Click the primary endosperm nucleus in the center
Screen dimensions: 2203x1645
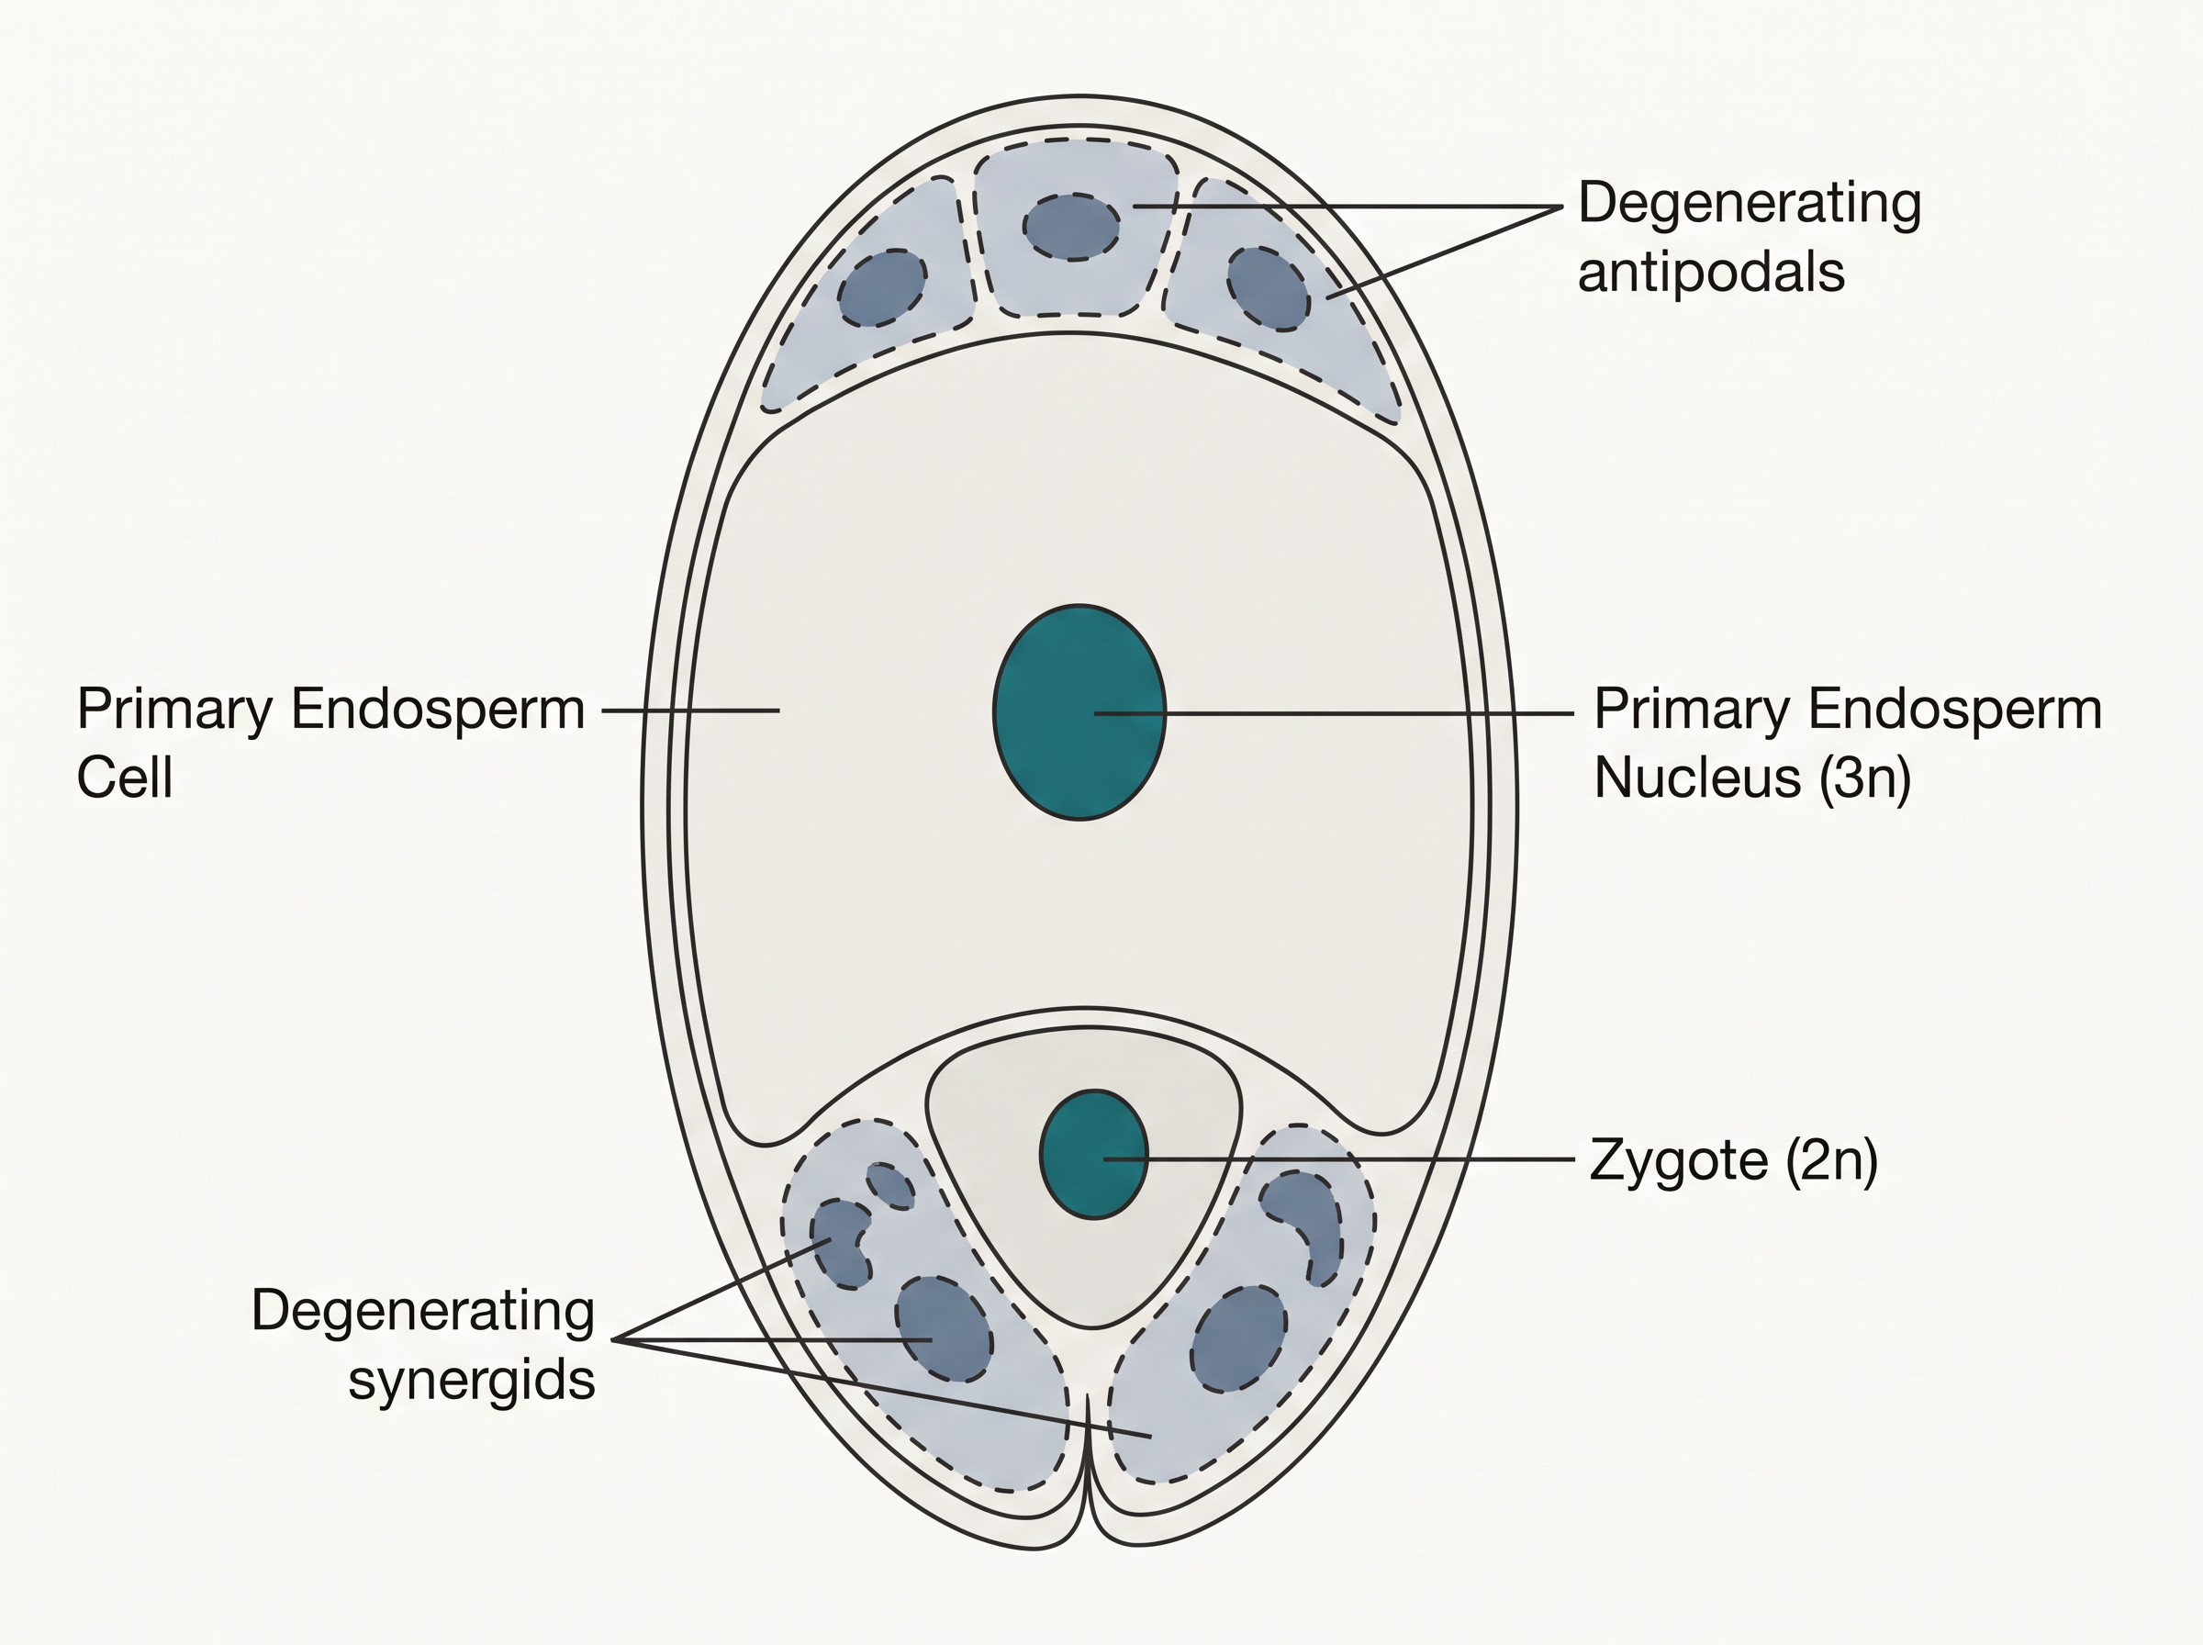coord(1080,712)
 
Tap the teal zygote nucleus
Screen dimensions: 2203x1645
coord(1094,1154)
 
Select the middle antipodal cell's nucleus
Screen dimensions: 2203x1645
coord(1071,227)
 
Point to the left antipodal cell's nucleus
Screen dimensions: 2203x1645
coord(882,287)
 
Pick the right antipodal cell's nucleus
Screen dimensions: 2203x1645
coord(1268,289)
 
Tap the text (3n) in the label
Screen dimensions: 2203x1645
coord(1864,778)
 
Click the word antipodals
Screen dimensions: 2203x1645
coord(1711,272)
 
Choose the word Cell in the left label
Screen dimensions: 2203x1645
coord(126,777)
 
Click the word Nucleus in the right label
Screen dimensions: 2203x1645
coord(1697,777)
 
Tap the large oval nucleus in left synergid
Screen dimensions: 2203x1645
coord(944,1329)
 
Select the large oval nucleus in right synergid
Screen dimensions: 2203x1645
coord(1239,1337)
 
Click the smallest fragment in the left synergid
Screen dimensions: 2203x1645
coord(890,1185)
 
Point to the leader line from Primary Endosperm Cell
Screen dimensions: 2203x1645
coord(691,711)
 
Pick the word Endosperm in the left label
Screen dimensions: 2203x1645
coord(438,712)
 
